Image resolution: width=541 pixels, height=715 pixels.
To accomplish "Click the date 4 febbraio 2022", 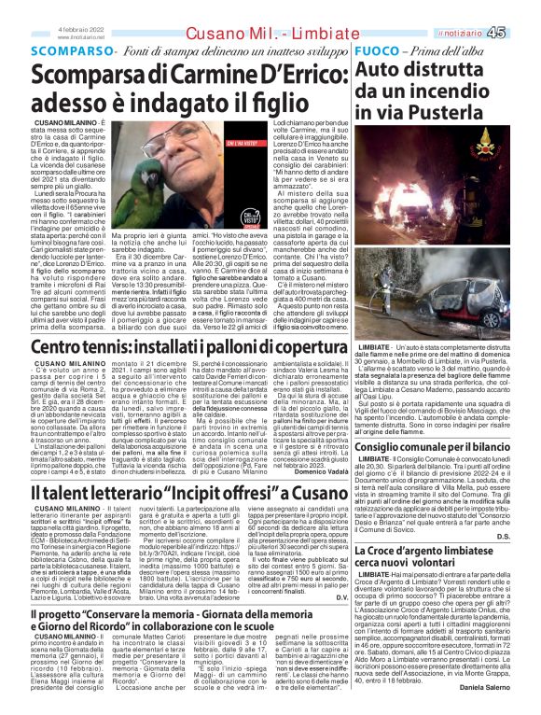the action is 80,29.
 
